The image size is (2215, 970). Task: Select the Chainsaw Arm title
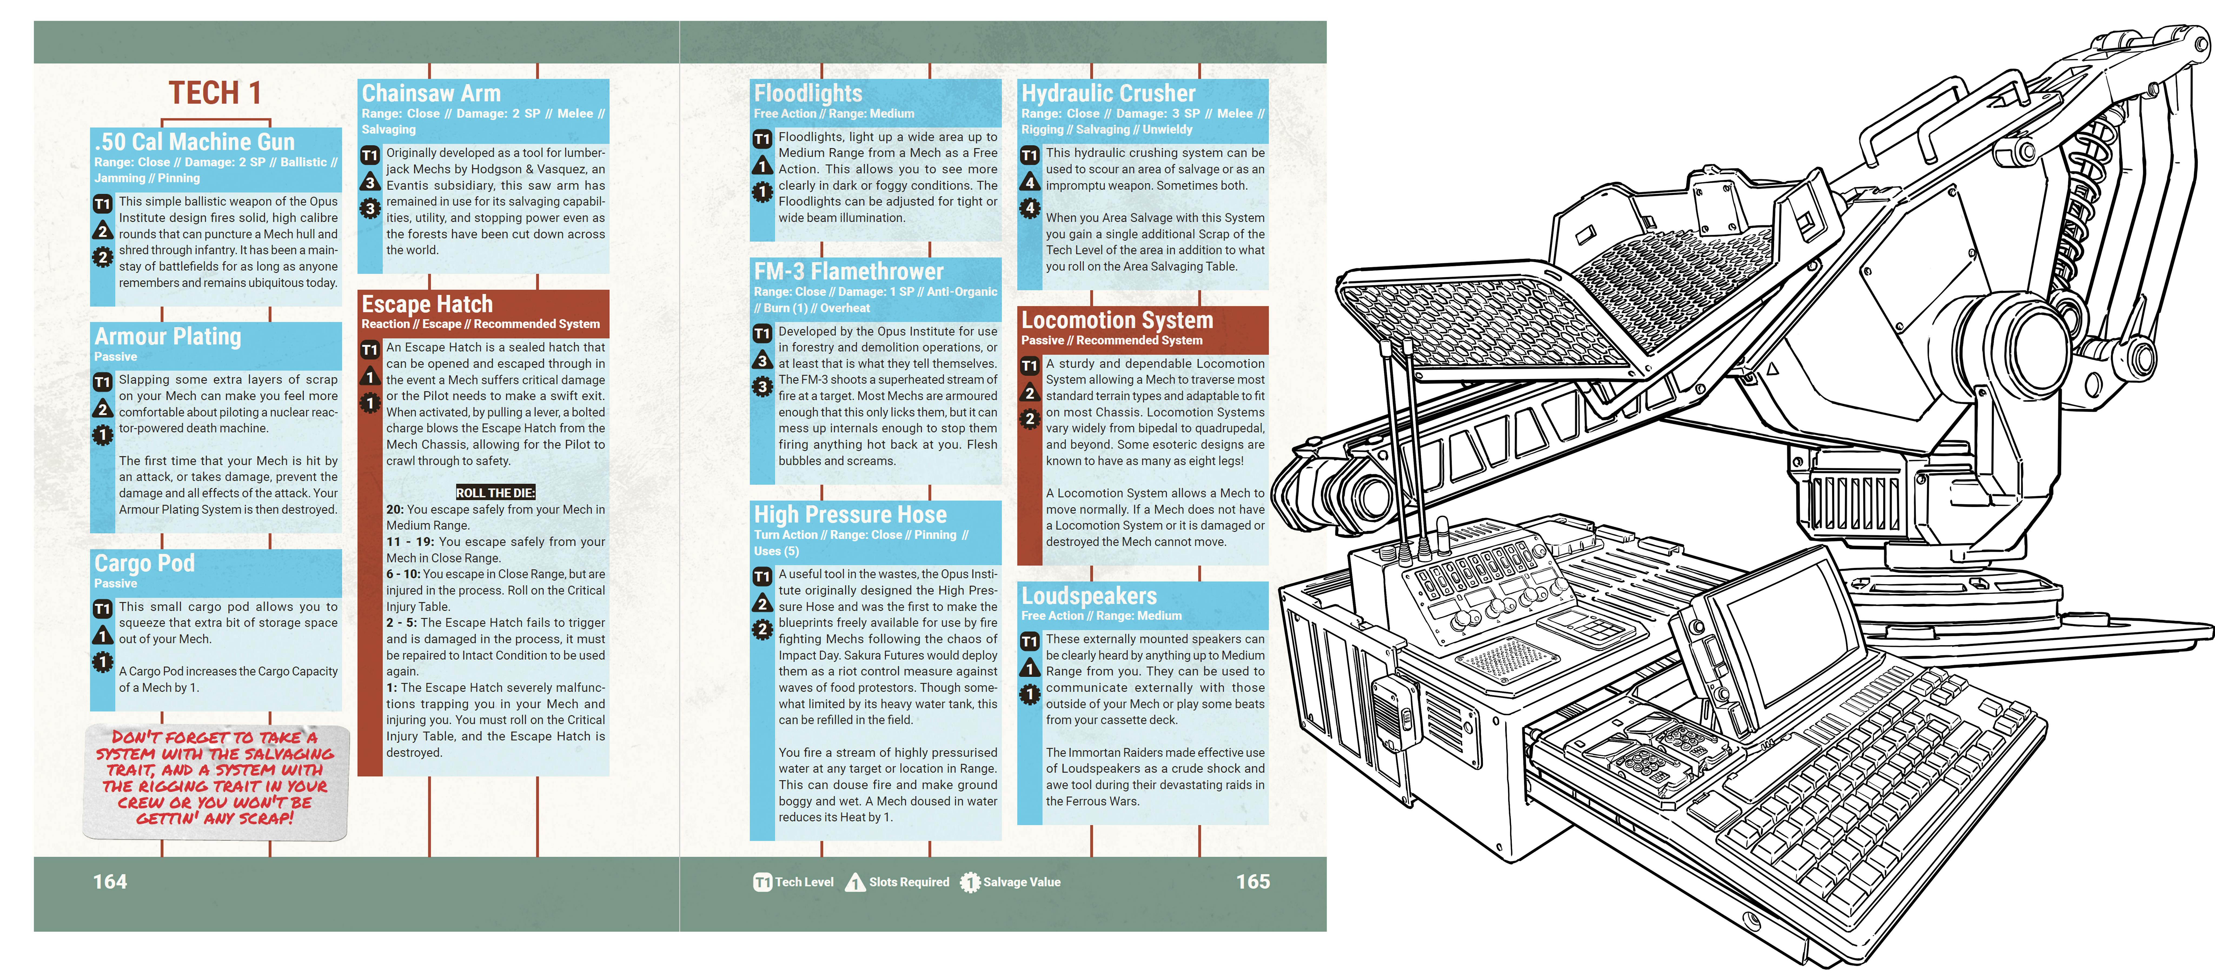(x=431, y=93)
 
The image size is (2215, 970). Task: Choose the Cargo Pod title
(x=144, y=563)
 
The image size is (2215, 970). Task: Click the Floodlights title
(x=808, y=93)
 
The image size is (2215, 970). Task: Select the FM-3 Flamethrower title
(x=849, y=272)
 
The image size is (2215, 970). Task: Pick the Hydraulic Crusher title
(x=1108, y=93)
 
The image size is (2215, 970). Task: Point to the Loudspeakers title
(x=1089, y=596)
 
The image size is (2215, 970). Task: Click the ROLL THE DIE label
(x=495, y=493)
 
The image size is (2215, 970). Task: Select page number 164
(x=110, y=881)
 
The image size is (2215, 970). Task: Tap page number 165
(x=1253, y=881)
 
